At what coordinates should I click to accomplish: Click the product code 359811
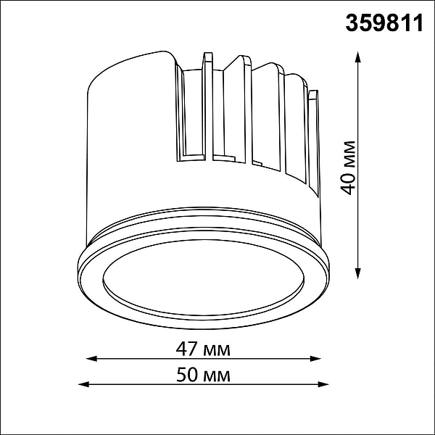(x=384, y=23)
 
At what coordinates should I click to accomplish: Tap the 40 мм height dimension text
(x=348, y=168)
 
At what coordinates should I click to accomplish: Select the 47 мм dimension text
(x=203, y=349)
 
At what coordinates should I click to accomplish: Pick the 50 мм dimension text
(x=203, y=376)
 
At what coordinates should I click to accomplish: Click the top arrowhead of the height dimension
(x=358, y=57)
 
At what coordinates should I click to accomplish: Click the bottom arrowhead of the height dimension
(x=358, y=273)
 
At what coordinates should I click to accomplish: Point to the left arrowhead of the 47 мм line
(x=92, y=359)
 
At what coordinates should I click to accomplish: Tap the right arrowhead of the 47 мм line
(x=315, y=359)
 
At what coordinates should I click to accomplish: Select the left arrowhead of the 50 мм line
(x=84, y=384)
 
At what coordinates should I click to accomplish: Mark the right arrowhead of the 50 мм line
(x=323, y=384)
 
